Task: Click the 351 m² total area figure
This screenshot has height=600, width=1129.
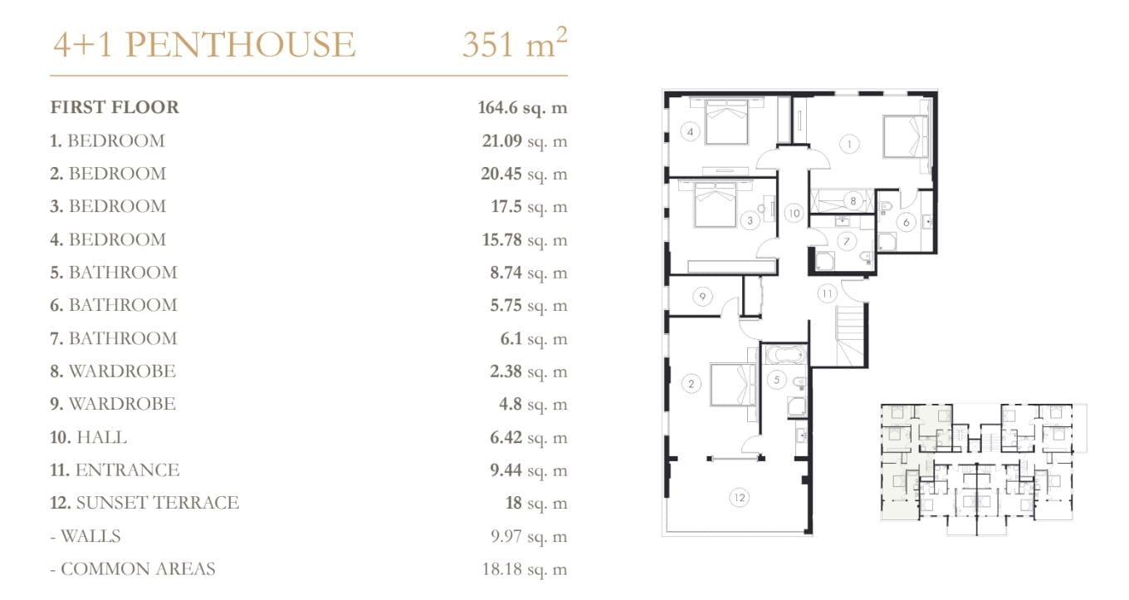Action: pos(515,43)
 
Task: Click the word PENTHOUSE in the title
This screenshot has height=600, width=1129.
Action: pos(241,44)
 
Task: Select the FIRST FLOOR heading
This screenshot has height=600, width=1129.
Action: pos(115,107)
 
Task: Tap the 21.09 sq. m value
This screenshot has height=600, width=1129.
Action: pos(525,140)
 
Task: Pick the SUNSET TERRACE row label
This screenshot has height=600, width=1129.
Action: pos(157,503)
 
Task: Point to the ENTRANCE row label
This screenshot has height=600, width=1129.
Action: pos(127,470)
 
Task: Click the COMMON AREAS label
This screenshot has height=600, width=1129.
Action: pos(138,568)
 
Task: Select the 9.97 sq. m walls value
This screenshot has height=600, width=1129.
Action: pos(530,536)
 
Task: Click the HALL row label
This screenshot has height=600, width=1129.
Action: pos(100,437)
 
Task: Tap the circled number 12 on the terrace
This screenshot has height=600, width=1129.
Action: pos(740,498)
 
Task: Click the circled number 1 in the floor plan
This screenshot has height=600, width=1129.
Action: pos(849,145)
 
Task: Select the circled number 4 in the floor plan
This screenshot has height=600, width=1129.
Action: pos(690,131)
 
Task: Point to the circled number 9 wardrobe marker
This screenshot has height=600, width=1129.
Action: pos(702,296)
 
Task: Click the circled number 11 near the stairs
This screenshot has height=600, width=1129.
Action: pos(827,293)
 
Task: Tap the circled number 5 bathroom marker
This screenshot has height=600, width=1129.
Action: pos(777,380)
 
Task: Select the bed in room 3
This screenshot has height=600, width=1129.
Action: pos(716,204)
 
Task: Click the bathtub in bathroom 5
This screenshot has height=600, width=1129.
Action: pos(785,354)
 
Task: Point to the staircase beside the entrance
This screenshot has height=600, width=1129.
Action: pos(850,335)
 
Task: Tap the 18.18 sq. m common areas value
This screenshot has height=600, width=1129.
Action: pos(525,568)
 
